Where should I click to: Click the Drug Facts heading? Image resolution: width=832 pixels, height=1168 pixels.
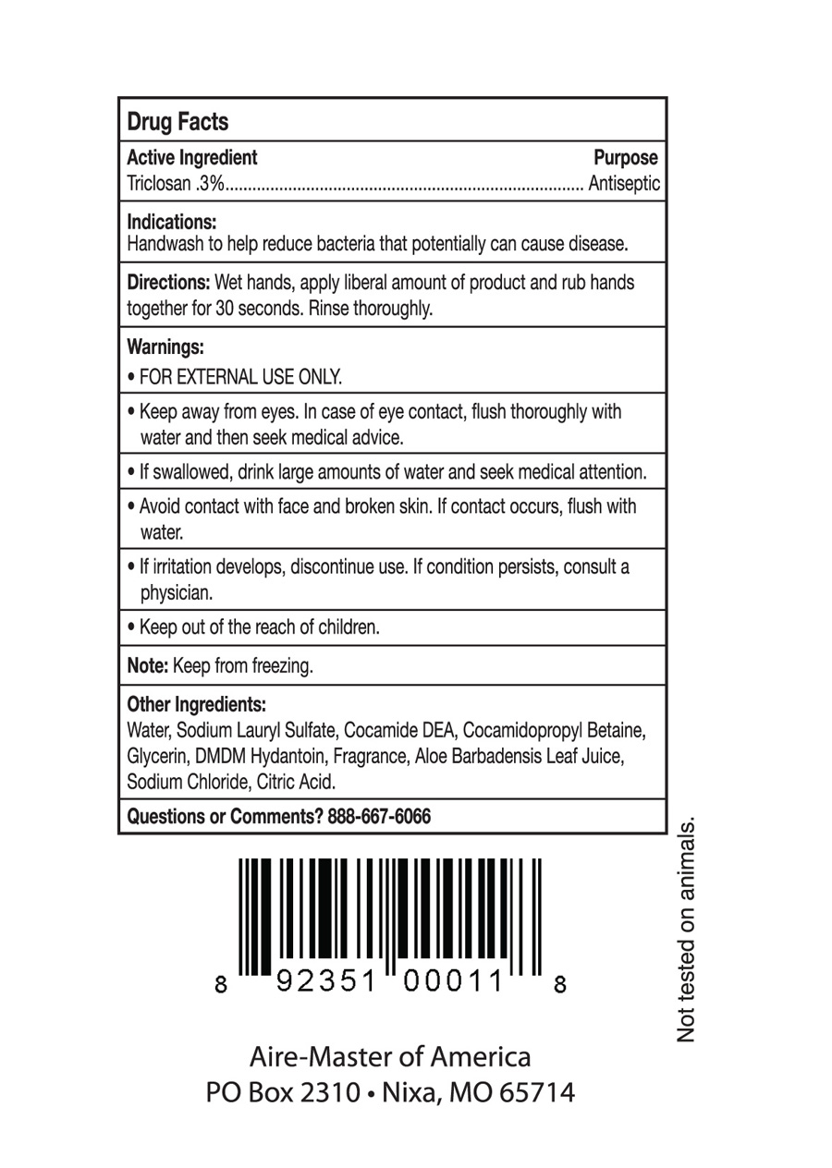coord(177,122)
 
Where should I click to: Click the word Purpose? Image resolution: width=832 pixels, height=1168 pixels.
coord(625,158)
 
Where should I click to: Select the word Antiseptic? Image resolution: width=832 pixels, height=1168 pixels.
coord(625,184)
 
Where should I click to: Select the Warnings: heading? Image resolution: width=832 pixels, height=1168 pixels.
coord(165,347)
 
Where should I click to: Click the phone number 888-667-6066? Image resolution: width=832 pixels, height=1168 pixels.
coord(379,817)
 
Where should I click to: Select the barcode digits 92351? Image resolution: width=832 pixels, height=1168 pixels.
coord(330,983)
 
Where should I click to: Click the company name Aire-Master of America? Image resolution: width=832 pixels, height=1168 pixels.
coord(390,1056)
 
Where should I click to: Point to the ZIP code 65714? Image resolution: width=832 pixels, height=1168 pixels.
coord(536,1093)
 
